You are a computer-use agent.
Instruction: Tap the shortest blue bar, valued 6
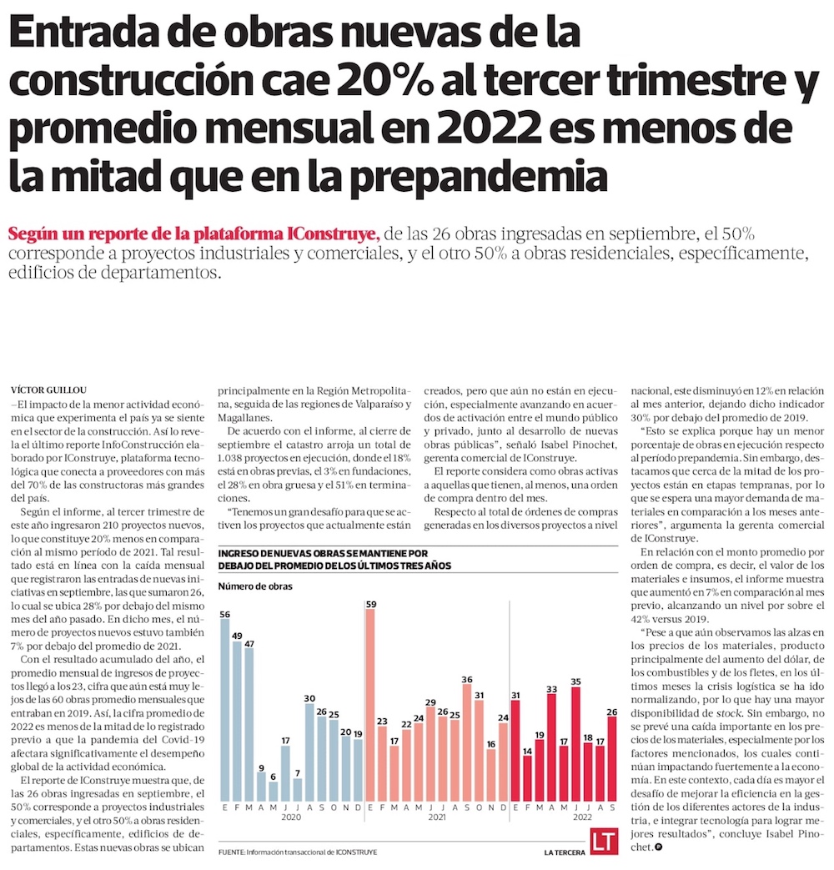click(x=274, y=792)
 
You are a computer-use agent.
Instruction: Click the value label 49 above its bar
click(x=237, y=636)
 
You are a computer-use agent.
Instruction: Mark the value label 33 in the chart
click(x=551, y=689)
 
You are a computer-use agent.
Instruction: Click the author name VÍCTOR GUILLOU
click(x=49, y=389)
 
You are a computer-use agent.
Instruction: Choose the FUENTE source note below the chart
click(x=297, y=852)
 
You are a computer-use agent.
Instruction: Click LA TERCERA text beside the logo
click(x=564, y=852)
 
